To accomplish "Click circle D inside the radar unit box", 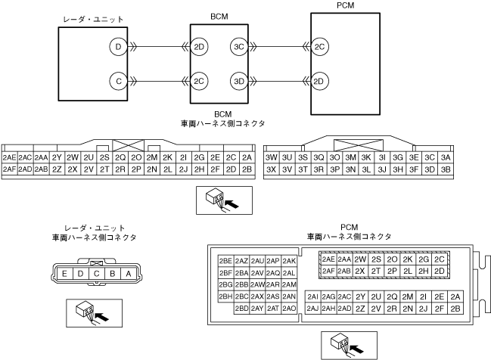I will pyautogui.click(x=117, y=47).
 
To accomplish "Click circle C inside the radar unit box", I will pyautogui.click(x=117, y=80).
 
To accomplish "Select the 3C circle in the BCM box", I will pyautogui.click(x=239, y=47).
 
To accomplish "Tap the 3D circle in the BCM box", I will pyautogui.click(x=239, y=80).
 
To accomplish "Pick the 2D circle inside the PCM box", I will pyautogui.click(x=320, y=80).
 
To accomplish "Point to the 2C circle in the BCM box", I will pyautogui.click(x=199, y=80).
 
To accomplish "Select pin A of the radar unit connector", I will pyautogui.click(x=129, y=273).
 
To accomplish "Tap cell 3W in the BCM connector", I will pyautogui.click(x=272, y=157).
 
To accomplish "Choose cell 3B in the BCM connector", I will pyautogui.click(x=446, y=169).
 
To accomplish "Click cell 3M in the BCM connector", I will pyautogui.click(x=351, y=157).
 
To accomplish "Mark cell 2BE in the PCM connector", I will pyautogui.click(x=225, y=261).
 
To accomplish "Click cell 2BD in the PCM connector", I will pyautogui.click(x=241, y=309).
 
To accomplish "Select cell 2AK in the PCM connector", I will pyautogui.click(x=289, y=261).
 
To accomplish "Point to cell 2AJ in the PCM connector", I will pyautogui.click(x=312, y=309).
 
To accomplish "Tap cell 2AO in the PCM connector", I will pyautogui.click(x=289, y=309).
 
